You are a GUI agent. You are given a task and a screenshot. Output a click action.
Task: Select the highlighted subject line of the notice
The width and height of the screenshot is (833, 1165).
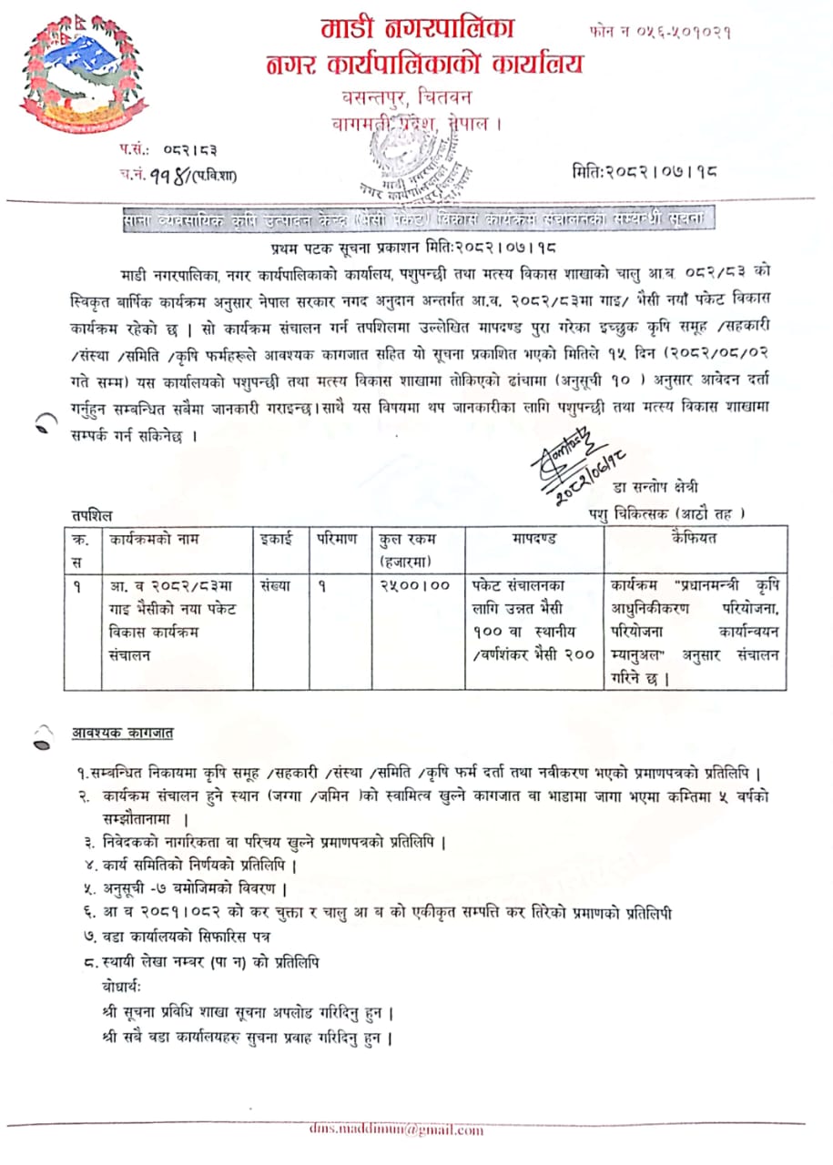pos(420,220)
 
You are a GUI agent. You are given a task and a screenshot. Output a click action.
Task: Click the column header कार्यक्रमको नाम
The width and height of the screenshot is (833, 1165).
pos(154,539)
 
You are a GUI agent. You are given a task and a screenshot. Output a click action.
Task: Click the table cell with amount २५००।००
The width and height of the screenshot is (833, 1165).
pos(414,586)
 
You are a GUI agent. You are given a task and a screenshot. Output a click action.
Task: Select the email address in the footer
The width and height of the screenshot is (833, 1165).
pos(397,1130)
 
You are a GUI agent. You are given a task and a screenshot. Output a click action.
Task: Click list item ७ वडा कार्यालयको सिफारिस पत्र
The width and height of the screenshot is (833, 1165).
pos(177,936)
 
